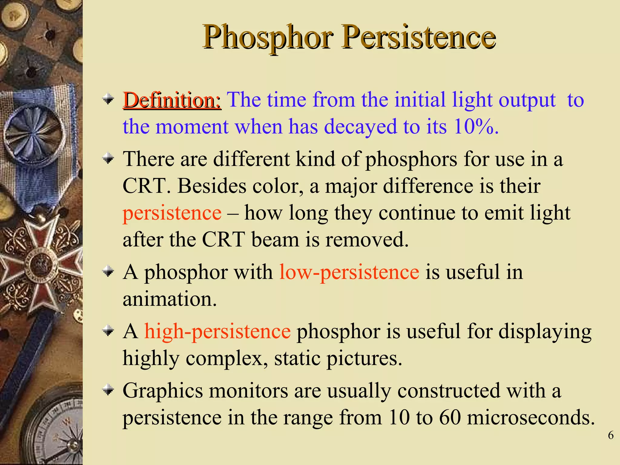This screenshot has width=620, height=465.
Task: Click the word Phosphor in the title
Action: click(x=268, y=38)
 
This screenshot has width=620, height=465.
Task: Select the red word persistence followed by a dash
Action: click(x=172, y=213)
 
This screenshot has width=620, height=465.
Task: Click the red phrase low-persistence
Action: click(x=349, y=272)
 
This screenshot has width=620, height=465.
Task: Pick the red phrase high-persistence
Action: click(x=217, y=331)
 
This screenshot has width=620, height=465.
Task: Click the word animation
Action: click(x=170, y=299)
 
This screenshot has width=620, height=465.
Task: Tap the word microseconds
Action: click(x=531, y=417)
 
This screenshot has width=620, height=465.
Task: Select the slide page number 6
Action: click(x=611, y=435)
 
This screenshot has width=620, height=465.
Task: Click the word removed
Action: click(x=367, y=240)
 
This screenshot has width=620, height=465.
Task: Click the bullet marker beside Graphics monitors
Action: click(x=108, y=391)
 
